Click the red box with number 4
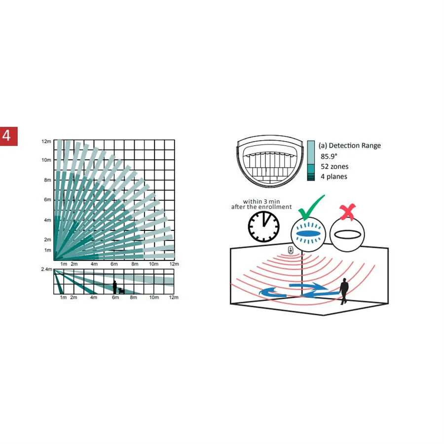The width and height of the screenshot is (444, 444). coord(9,136)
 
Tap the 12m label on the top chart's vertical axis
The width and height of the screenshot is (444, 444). coord(46,141)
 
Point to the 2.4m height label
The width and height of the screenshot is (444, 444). coord(47,269)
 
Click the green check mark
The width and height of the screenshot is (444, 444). coord(311,208)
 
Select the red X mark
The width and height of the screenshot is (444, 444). coord(348,212)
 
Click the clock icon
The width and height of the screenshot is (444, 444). coord(263,226)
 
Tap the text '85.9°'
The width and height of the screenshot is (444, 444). coord(329,156)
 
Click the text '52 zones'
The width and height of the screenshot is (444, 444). coord(334,167)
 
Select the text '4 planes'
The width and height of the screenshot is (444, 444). coord(334,177)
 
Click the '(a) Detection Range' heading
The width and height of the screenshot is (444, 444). coord(350,146)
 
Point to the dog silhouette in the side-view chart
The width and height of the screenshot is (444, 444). coord(121,291)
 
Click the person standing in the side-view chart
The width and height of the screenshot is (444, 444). coord(114,287)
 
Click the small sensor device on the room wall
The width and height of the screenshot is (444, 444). coord(291,250)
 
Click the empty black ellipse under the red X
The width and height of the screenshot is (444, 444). coord(347,234)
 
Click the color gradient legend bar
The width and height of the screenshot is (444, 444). coord(311,160)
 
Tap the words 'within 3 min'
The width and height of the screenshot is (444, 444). coord(261,201)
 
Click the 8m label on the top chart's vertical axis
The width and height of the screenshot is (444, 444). coord(47,180)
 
